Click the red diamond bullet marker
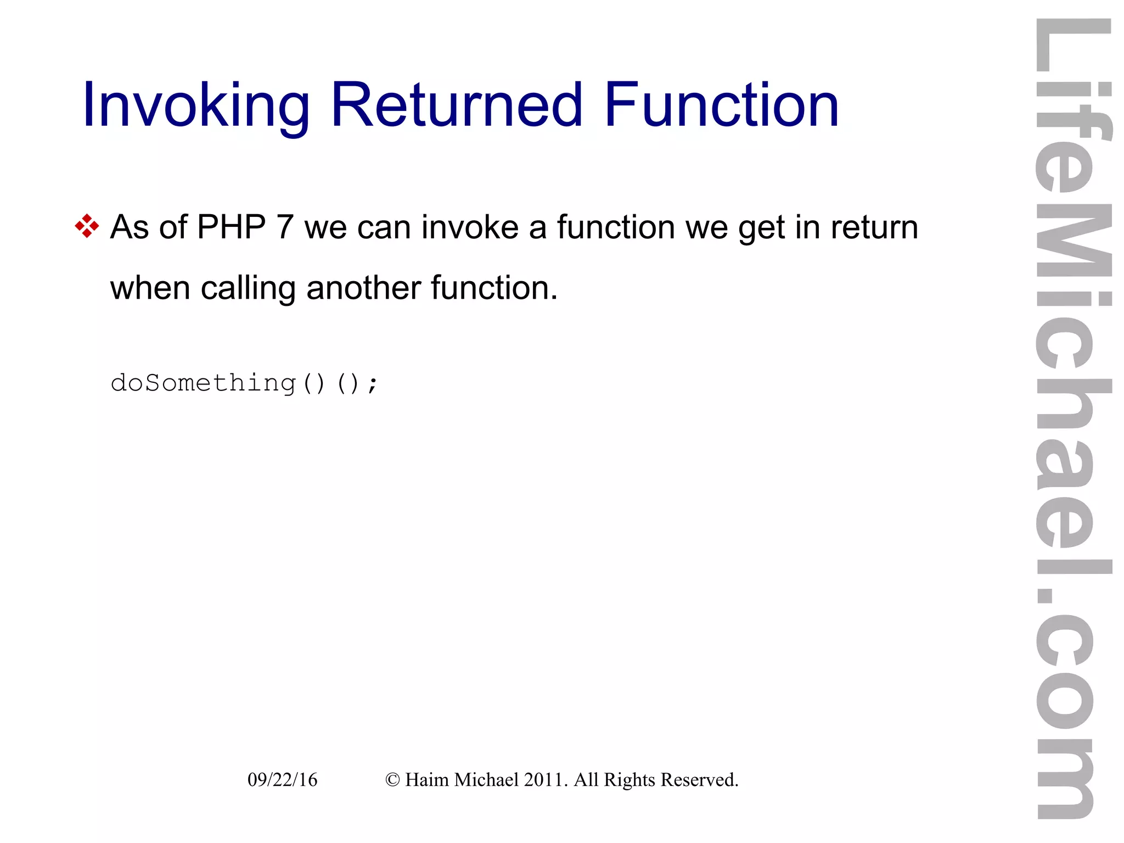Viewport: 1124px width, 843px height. [x=87, y=226]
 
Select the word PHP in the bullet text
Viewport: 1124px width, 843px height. [x=231, y=227]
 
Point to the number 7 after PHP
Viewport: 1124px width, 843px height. [x=285, y=227]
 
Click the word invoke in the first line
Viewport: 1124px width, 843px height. [x=470, y=227]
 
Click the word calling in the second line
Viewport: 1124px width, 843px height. [x=248, y=288]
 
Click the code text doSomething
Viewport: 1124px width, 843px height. [x=203, y=383]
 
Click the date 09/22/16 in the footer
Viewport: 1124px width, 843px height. [x=282, y=779]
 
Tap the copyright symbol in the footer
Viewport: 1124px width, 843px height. [x=392, y=779]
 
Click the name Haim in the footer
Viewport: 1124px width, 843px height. [x=426, y=779]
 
